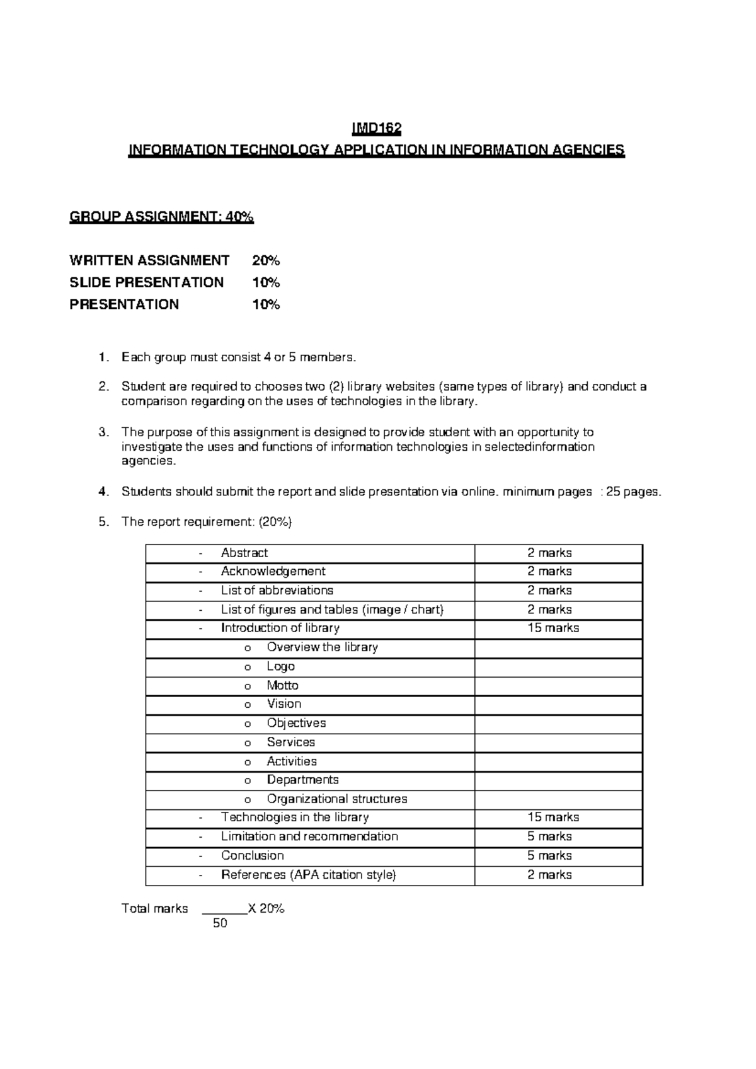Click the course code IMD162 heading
pyautogui.click(x=376, y=129)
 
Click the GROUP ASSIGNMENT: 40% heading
pyautogui.click(x=161, y=217)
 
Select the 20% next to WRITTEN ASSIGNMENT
pyautogui.click(x=266, y=260)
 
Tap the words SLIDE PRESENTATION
pyautogui.click(x=146, y=282)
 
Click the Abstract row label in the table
pyautogui.click(x=244, y=553)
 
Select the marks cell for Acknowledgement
pyautogui.click(x=549, y=571)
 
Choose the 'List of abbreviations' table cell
pyautogui.click(x=277, y=591)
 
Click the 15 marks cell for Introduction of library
pyautogui.click(x=553, y=628)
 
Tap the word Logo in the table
pyautogui.click(x=280, y=666)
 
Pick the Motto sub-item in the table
pyautogui.click(x=282, y=685)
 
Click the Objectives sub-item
pyautogui.click(x=296, y=723)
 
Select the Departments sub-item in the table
pyautogui.click(x=302, y=780)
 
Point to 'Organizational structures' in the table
pyautogui.click(x=336, y=799)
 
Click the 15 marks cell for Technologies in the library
pyautogui.click(x=553, y=817)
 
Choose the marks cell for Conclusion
pyautogui.click(x=549, y=855)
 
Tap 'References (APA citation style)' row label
pyautogui.click(x=308, y=875)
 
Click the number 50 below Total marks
pyautogui.click(x=220, y=923)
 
